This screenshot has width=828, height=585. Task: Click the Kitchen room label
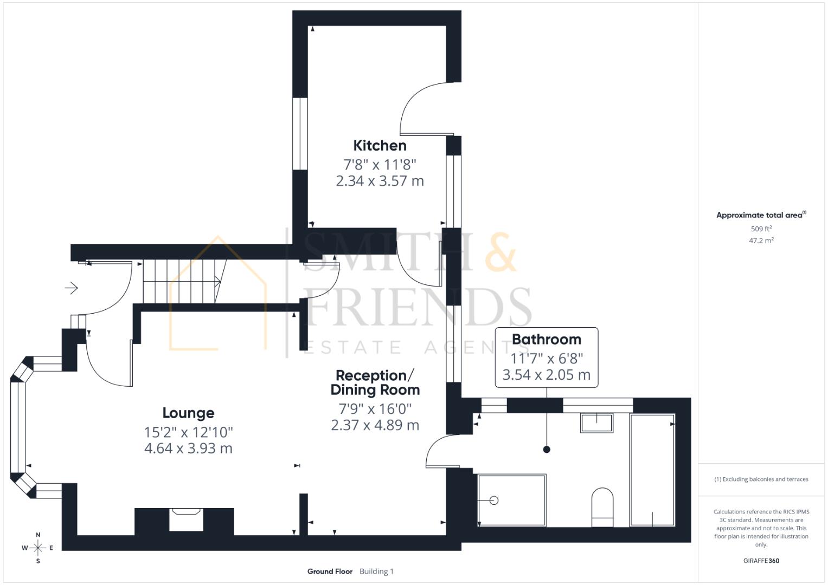point(380,146)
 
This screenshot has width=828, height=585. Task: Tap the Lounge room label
point(188,413)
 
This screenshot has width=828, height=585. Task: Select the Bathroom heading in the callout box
point(546,340)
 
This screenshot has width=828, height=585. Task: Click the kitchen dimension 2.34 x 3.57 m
point(380,181)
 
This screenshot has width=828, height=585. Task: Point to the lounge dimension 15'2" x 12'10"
point(188,432)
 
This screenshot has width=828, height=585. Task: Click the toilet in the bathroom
point(602,506)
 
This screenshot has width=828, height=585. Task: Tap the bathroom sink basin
point(596,422)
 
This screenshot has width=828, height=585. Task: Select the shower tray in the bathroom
point(511,499)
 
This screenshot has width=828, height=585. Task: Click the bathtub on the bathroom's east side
point(652,470)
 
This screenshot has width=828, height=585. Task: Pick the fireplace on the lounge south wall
point(185,519)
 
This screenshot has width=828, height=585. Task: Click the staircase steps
point(182,282)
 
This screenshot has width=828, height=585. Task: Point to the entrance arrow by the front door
point(72,288)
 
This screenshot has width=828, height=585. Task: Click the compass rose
point(38,548)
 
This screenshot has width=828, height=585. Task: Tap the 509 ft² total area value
point(761,229)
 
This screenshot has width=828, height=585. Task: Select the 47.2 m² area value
point(761,240)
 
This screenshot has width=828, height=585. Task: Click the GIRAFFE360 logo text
point(761,561)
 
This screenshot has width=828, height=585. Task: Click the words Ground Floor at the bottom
point(330,571)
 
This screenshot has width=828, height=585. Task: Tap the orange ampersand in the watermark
point(500,252)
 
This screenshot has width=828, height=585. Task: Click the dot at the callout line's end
point(547,450)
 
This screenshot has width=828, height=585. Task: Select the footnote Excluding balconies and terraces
point(761,479)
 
